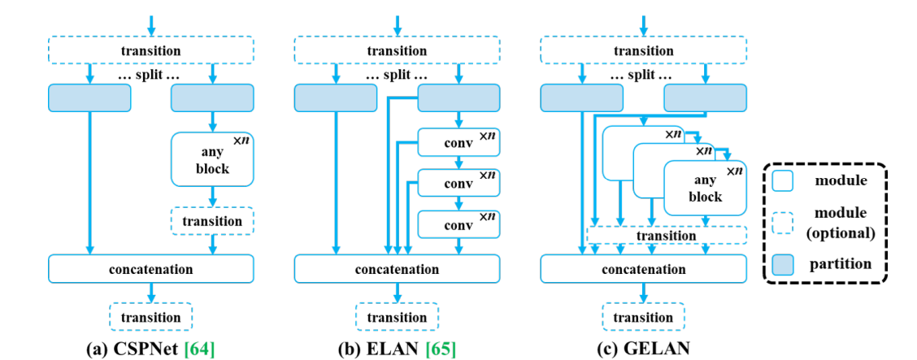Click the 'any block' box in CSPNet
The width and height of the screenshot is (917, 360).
212,160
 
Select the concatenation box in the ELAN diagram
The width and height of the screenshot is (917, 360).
397,269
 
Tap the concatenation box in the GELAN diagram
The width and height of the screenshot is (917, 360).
643,269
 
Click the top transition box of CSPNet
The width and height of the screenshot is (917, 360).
150,51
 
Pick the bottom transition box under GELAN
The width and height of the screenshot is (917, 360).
643,317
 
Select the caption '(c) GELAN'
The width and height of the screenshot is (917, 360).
642,349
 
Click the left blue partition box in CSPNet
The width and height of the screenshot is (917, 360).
89,98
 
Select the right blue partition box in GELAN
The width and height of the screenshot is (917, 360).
705,98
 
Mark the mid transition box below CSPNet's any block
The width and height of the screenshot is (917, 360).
212,221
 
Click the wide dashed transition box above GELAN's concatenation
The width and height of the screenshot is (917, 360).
666,235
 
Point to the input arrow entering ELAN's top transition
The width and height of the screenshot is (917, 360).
397,24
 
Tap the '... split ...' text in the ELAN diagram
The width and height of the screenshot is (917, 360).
397,75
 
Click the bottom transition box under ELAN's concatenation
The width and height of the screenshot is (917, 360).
397,317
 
